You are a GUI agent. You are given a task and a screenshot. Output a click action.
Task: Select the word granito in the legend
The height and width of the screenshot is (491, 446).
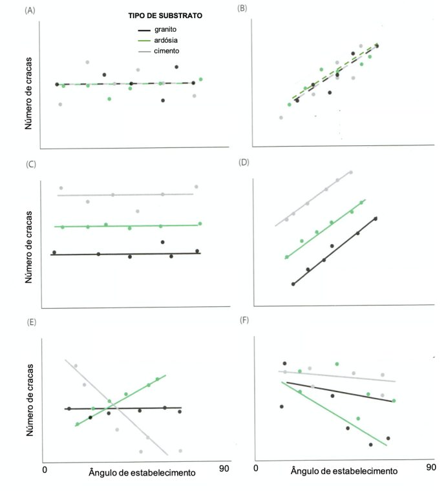point(166,30)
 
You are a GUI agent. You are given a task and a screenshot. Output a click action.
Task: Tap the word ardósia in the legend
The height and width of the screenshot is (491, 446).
point(167,40)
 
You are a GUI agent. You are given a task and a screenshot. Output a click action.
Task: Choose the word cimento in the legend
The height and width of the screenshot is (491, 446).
point(167,50)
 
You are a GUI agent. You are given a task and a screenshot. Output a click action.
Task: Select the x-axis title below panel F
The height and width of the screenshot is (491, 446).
point(343,472)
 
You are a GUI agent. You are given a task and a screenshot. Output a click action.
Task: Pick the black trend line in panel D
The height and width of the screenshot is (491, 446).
point(334,251)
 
